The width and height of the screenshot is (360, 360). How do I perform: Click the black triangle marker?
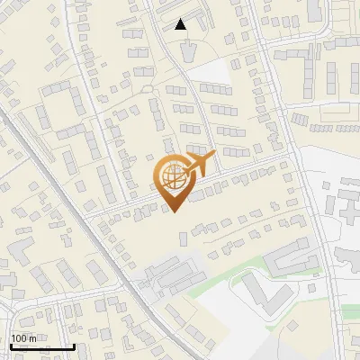(x=181, y=24)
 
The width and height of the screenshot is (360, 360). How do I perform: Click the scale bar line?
(x=41, y=346)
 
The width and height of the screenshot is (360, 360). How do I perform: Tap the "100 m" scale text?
(x=24, y=338)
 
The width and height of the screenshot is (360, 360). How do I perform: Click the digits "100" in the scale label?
(x=20, y=338)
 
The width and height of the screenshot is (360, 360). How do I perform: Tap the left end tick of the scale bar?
(x=10, y=345)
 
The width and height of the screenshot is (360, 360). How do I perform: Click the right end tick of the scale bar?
(x=73, y=345)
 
